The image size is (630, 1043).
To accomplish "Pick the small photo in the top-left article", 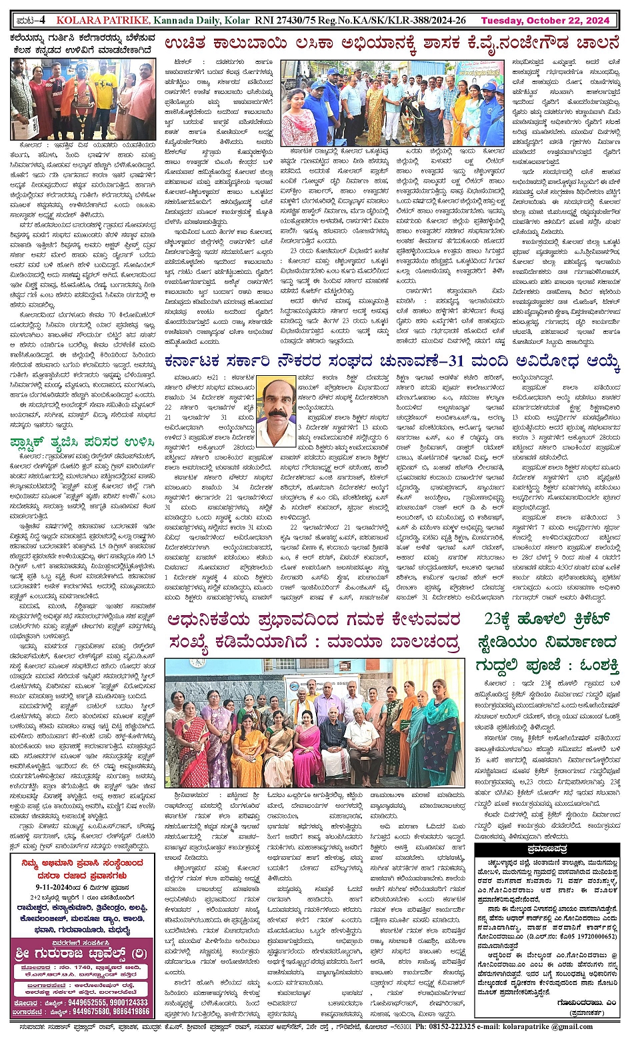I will click(83, 99).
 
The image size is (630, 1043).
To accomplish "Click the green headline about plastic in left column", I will click(82, 442).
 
